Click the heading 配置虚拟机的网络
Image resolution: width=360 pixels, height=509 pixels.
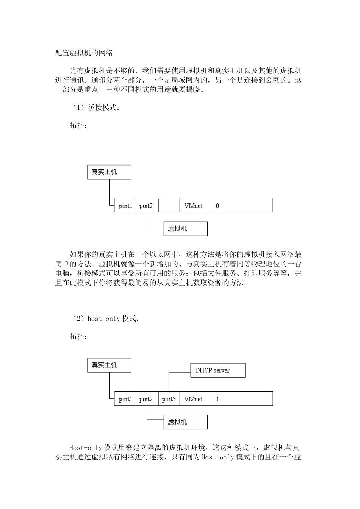(84, 53)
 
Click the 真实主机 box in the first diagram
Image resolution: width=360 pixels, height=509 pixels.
(109, 172)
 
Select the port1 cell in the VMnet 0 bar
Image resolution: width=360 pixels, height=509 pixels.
(125, 206)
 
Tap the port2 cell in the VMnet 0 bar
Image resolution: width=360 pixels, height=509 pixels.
(146, 206)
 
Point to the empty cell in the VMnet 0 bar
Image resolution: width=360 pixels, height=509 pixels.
(169, 206)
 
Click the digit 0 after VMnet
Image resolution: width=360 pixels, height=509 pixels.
(218, 206)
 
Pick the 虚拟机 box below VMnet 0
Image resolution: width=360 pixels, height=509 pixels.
(185, 229)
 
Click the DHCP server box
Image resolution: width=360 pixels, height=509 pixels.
(218, 370)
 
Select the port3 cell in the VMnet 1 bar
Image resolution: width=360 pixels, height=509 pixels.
(169, 399)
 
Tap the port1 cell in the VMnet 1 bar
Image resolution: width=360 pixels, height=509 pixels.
(125, 399)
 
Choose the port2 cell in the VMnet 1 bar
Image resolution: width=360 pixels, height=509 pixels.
(146, 399)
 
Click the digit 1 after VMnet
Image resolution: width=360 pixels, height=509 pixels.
(218, 399)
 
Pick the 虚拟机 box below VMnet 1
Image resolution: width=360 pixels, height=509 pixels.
(185, 422)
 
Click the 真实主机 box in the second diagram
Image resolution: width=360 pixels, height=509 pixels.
(109, 365)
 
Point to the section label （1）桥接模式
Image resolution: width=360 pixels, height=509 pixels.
(95, 108)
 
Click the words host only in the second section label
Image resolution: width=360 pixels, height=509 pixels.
(103, 319)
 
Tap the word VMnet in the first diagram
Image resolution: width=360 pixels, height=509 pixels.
(193, 206)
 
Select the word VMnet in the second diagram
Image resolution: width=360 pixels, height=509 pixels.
(193, 399)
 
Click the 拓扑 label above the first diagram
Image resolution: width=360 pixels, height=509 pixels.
(78, 125)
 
